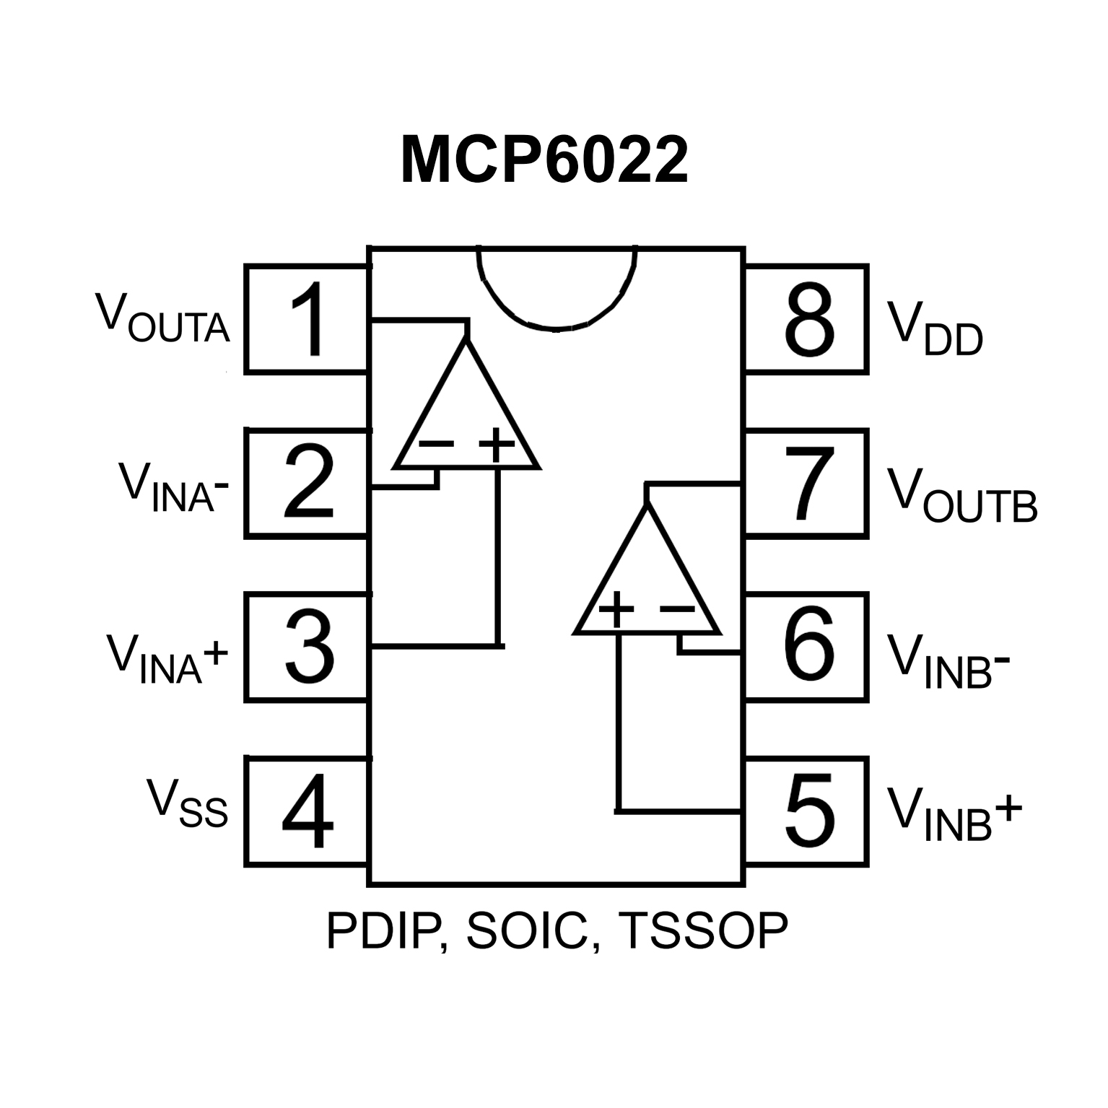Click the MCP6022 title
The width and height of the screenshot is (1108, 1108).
(x=544, y=160)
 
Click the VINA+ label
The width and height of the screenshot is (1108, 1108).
(x=167, y=658)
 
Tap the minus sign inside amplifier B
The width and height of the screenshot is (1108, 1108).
(x=677, y=610)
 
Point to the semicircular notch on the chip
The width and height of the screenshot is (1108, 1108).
(x=556, y=289)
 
